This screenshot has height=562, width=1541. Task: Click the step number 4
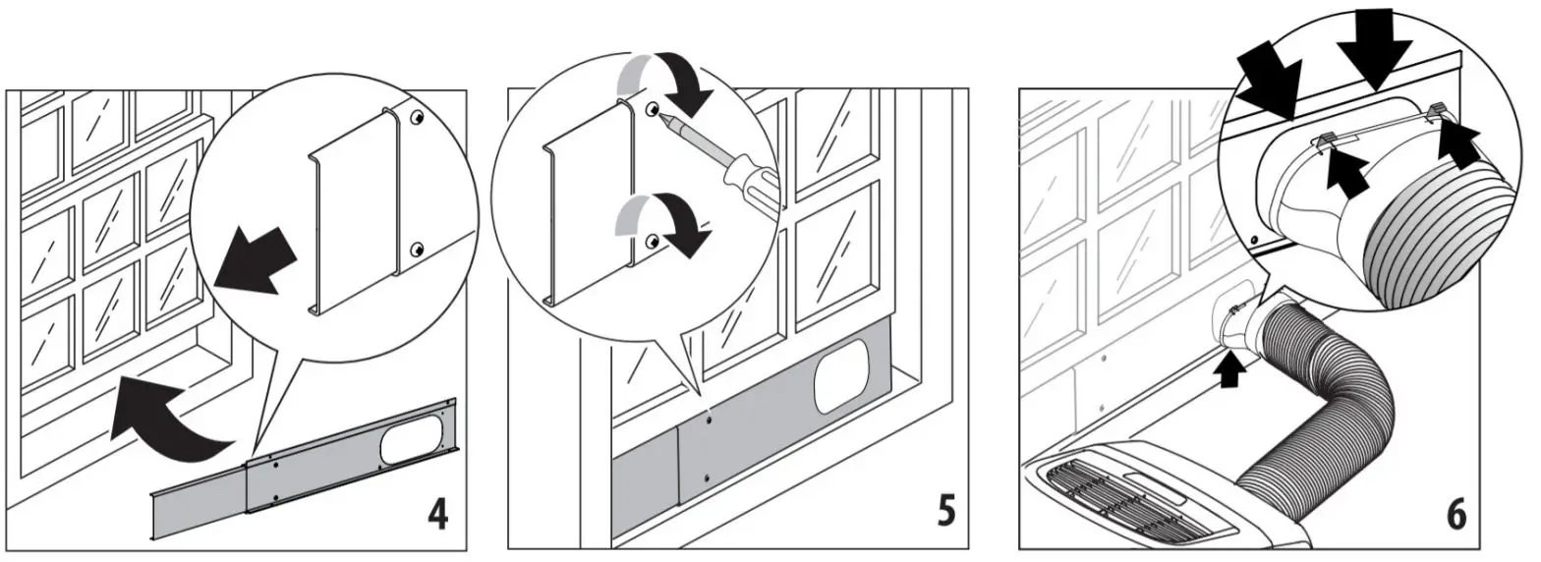point(437,513)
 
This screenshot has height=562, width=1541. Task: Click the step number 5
point(945,512)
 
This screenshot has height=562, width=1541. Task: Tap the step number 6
point(1455,513)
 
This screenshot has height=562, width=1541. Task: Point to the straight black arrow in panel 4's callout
point(255,259)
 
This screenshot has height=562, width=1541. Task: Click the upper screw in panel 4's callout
point(417,118)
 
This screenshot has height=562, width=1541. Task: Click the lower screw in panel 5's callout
point(651,241)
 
